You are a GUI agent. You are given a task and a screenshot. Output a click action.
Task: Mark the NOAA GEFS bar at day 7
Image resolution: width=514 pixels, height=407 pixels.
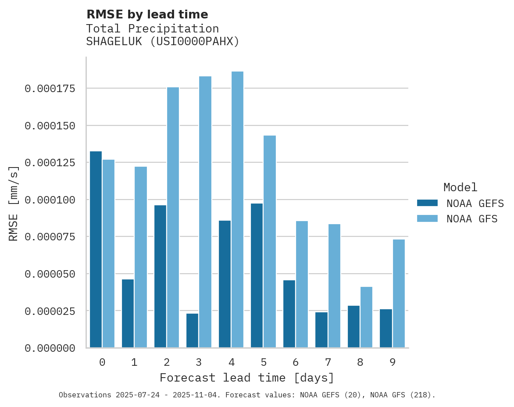pyautogui.click(x=321, y=329)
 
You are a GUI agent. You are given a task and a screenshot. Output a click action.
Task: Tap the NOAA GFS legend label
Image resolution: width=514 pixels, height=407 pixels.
pyautogui.click(x=472, y=218)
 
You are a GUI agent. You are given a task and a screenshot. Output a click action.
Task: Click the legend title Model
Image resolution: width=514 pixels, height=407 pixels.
pyautogui.click(x=460, y=187)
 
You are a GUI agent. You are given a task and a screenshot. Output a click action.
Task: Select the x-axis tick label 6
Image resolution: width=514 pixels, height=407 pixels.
pyautogui.click(x=296, y=362)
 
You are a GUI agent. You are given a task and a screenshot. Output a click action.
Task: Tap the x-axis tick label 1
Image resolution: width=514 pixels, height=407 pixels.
pyautogui.click(x=134, y=362)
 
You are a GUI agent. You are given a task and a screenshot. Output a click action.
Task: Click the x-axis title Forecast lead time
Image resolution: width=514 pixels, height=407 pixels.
pyautogui.click(x=246, y=378)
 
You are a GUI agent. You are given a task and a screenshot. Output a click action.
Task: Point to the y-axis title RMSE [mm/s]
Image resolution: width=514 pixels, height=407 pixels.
pyautogui.click(x=14, y=203)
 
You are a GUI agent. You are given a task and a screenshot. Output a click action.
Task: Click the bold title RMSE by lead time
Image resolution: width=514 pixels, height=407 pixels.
pyautogui.click(x=147, y=14)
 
